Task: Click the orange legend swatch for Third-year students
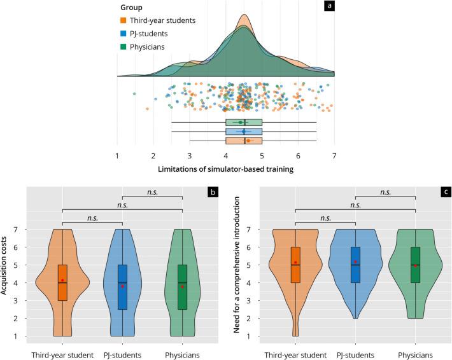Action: [x=124, y=21]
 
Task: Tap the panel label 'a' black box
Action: [x=330, y=6]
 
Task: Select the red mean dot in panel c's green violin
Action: [x=415, y=265]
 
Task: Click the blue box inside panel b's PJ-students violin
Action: [x=122, y=287]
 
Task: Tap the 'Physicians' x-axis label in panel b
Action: [x=182, y=354]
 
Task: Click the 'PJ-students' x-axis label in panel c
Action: [x=355, y=354]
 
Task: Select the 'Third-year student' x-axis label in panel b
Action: [x=62, y=354]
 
